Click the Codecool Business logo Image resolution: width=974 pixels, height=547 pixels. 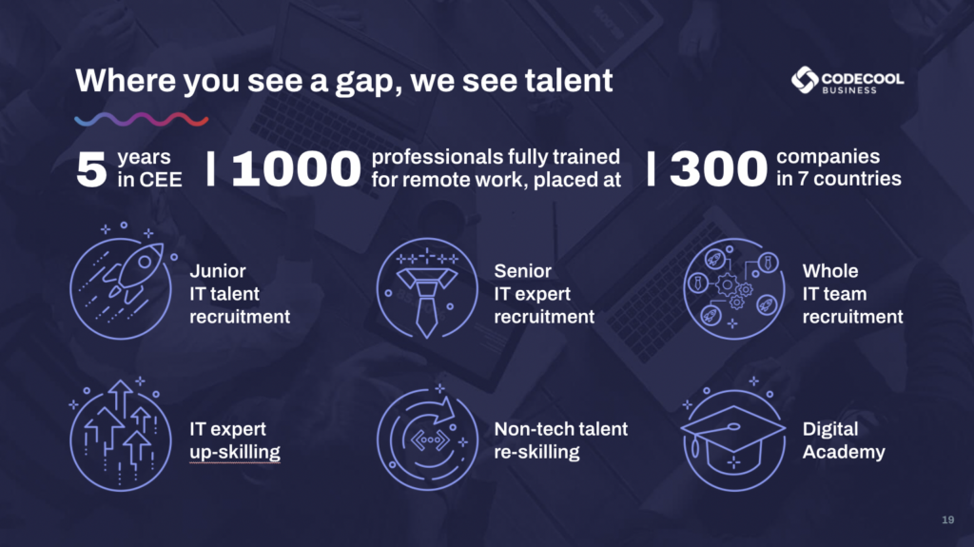(847, 81)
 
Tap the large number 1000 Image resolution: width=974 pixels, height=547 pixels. (296, 168)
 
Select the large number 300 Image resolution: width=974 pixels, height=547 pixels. (719, 168)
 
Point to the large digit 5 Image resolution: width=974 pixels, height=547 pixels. (91, 169)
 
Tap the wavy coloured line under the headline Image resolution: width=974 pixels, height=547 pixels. (142, 119)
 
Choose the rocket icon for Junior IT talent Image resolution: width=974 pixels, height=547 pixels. (124, 282)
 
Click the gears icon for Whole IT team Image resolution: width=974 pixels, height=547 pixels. (733, 288)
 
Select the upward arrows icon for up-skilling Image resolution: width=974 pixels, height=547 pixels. (119, 434)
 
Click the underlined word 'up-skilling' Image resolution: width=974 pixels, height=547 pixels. (235, 452)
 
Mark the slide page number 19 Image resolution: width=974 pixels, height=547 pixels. (948, 519)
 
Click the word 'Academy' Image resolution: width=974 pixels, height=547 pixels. (844, 452)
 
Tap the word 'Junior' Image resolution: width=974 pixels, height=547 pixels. (218, 271)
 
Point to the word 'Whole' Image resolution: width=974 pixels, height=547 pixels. (829, 271)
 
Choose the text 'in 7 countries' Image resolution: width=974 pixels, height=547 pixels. (839, 179)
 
